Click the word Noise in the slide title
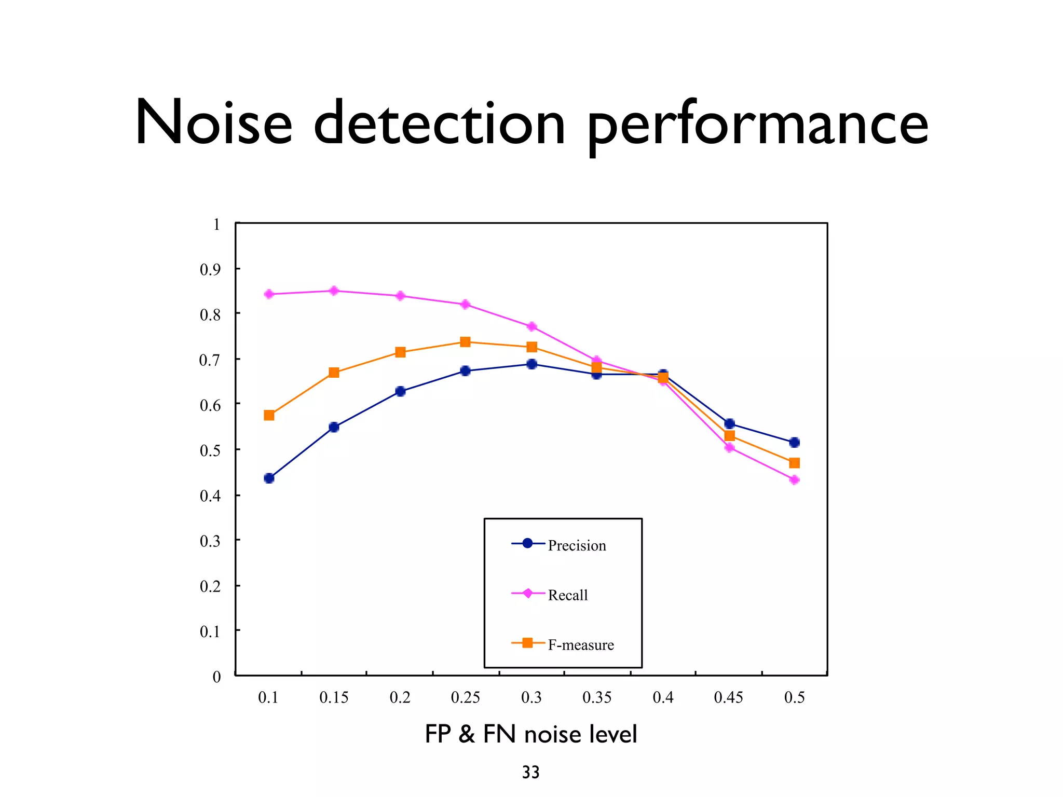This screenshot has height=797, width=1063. [x=213, y=123]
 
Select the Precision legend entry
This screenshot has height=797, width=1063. [x=577, y=545]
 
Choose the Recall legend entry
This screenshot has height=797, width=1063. [x=567, y=595]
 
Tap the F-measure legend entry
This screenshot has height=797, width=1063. [x=580, y=644]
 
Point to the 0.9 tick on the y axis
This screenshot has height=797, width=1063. [x=210, y=269]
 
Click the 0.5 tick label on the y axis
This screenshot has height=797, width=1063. [x=210, y=450]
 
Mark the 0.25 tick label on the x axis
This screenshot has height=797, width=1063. [x=465, y=697]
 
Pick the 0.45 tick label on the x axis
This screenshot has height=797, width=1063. [x=728, y=697]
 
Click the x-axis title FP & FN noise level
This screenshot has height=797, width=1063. [x=530, y=734]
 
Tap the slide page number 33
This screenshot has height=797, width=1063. [x=530, y=772]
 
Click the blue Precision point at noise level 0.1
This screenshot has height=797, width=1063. [x=269, y=478]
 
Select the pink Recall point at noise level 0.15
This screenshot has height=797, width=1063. [x=334, y=291]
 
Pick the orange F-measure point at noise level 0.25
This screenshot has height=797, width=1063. [x=465, y=342]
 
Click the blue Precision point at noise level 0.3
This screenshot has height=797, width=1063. [x=531, y=364]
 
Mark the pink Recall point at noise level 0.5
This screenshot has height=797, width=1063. [x=794, y=480]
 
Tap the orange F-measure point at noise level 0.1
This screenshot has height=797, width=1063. [x=269, y=415]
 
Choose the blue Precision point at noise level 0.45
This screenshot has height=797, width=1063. [x=729, y=423]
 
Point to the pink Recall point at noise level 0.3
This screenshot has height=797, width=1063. [x=531, y=326]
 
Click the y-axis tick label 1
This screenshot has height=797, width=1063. [x=216, y=225]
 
